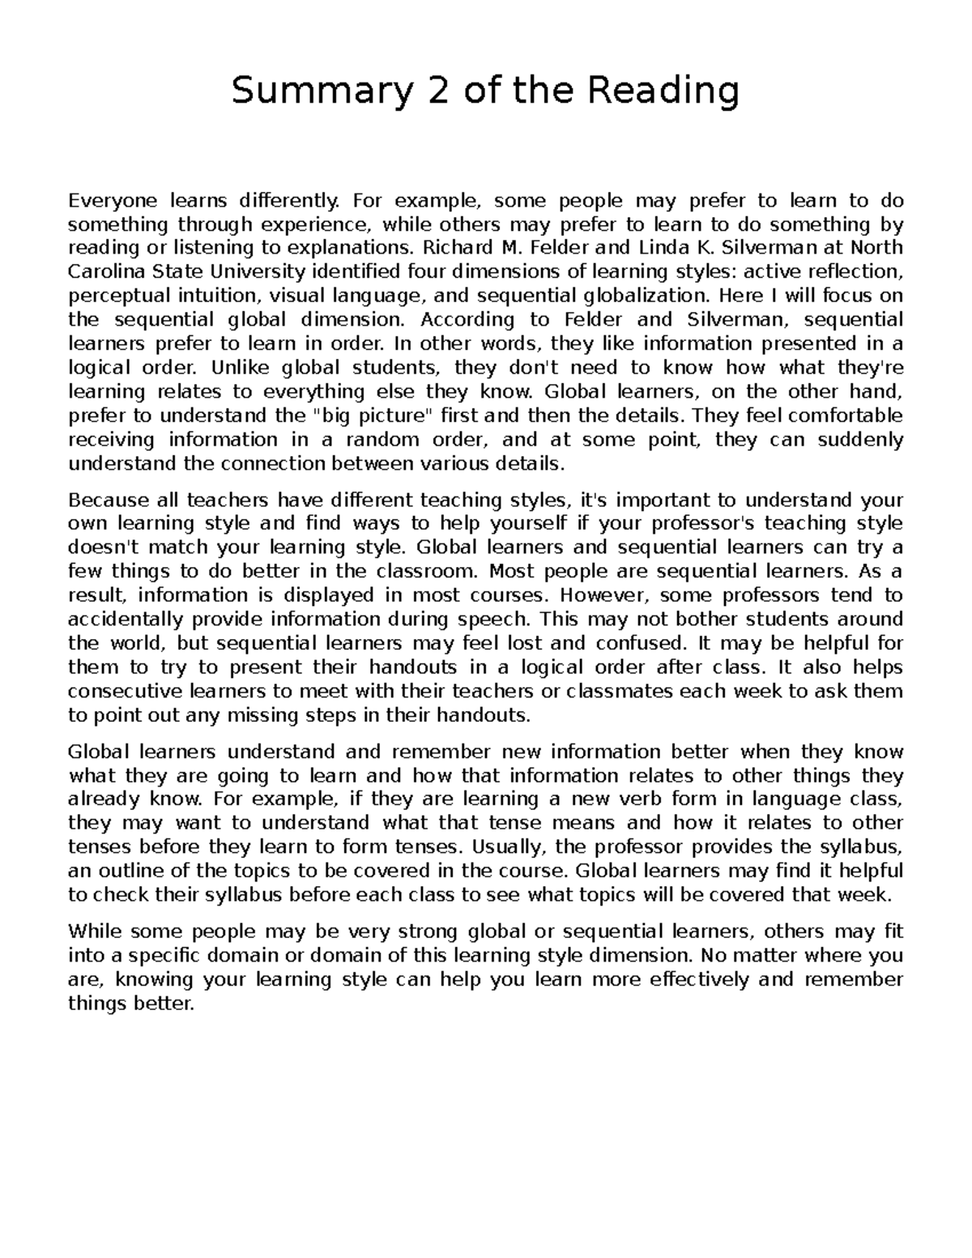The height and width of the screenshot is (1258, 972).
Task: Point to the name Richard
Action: point(447,248)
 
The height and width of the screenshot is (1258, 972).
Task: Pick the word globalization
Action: point(641,296)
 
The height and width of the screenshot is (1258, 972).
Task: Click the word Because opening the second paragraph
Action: point(108,499)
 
